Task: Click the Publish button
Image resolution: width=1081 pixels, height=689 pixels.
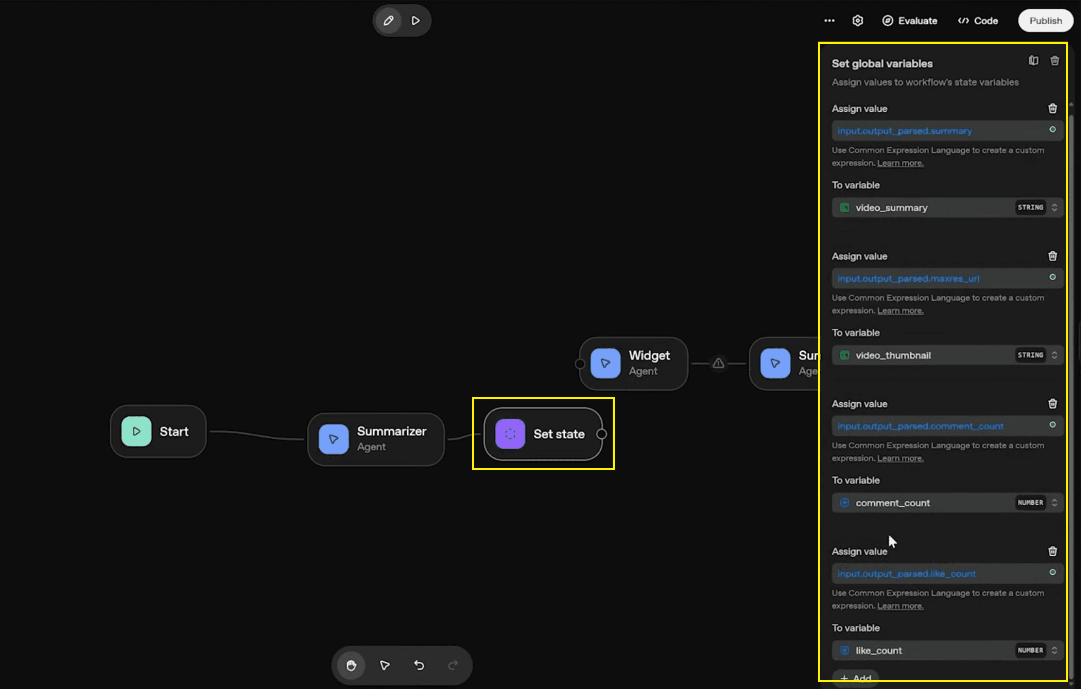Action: (1045, 21)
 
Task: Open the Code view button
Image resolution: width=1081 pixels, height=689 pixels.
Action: (978, 21)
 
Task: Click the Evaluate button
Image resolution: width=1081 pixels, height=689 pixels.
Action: (909, 21)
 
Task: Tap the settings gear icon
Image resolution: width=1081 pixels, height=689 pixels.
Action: (857, 21)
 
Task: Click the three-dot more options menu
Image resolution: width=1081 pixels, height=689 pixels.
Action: (829, 21)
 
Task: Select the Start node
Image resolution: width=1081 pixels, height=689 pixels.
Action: (158, 431)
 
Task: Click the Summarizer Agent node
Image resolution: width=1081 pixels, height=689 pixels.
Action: (376, 439)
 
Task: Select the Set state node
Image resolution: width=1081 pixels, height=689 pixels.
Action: (543, 434)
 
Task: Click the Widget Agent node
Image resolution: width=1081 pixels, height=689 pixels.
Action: (633, 363)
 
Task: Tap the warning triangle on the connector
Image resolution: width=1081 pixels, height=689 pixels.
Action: (718, 363)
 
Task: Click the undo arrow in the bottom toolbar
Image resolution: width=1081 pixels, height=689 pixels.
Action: (419, 665)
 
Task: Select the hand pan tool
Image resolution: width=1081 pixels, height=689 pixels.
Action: (351, 665)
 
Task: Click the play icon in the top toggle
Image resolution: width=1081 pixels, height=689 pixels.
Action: (416, 21)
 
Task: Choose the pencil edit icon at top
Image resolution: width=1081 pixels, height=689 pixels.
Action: (388, 21)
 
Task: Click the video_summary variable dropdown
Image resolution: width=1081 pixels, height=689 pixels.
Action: (947, 208)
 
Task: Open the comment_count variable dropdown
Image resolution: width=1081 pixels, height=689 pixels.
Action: (947, 503)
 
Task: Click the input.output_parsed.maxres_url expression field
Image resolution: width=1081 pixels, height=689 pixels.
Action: (947, 278)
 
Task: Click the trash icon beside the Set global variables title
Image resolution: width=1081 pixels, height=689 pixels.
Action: (1055, 61)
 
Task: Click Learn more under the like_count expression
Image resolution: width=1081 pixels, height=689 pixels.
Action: (900, 606)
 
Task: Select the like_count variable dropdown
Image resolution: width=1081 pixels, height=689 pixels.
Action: (947, 650)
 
